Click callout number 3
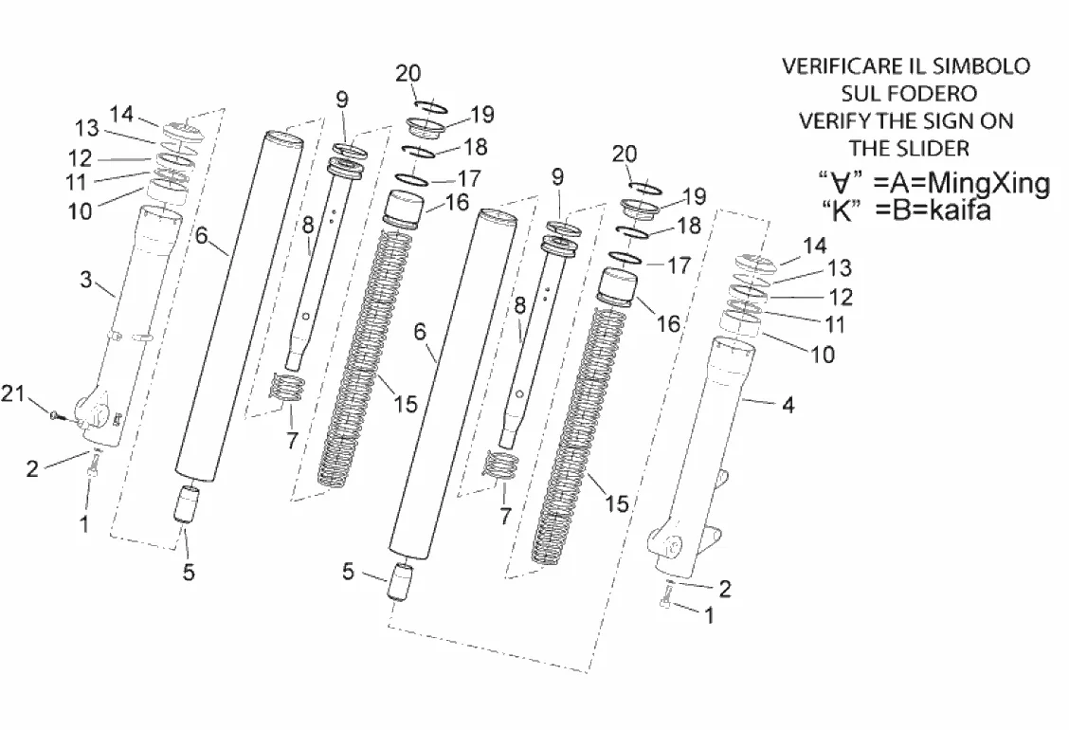86,280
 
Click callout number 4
788,405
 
